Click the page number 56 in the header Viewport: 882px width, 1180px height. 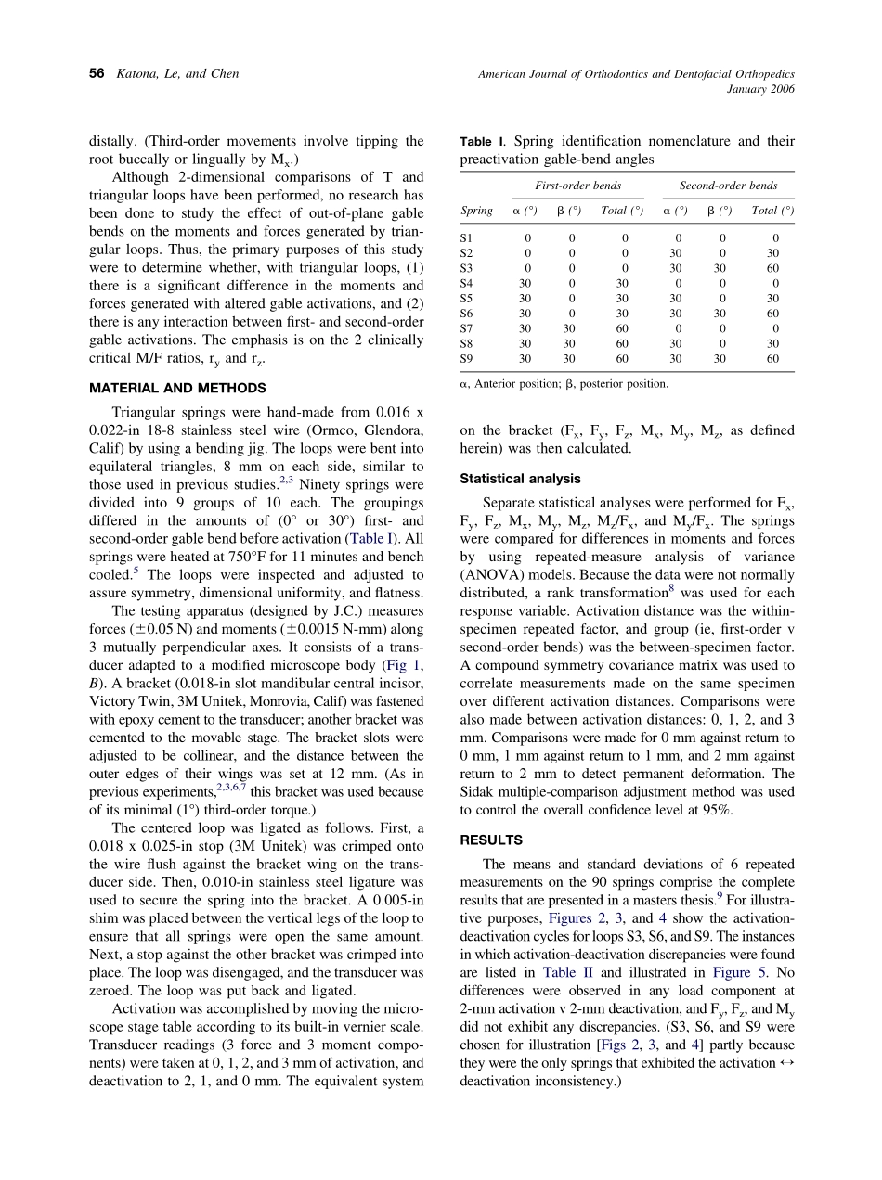(96, 74)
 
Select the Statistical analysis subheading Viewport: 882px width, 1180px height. (521, 479)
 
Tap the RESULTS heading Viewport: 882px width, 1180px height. (491, 840)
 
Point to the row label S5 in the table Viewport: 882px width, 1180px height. (466, 298)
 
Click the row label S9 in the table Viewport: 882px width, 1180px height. (466, 358)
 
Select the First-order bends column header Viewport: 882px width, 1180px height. (578, 186)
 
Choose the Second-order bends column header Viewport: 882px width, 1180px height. (728, 186)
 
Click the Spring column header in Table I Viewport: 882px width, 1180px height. (476, 211)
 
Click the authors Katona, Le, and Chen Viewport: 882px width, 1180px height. (177, 74)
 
